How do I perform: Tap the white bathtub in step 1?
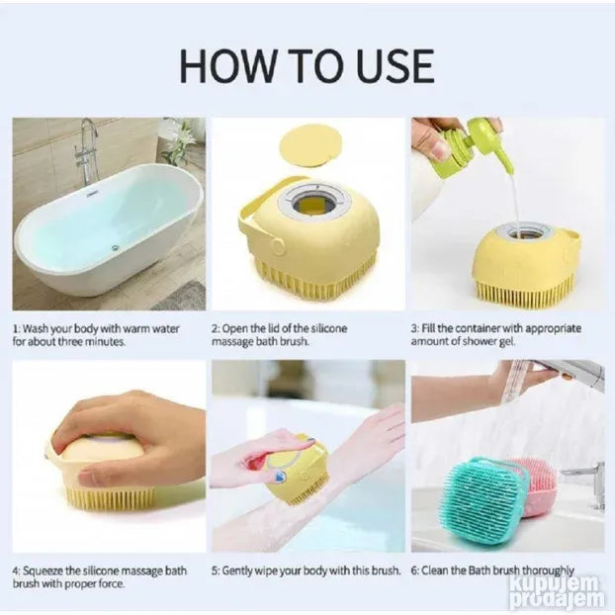click(109, 231)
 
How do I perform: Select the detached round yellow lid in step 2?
click(309, 145)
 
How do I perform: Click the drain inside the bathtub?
click(115, 247)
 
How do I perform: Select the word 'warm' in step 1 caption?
click(134, 328)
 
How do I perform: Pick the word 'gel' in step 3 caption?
click(507, 342)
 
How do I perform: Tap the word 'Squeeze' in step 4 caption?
click(43, 571)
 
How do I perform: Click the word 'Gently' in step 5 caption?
click(237, 571)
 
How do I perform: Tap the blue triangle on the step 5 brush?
click(281, 477)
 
